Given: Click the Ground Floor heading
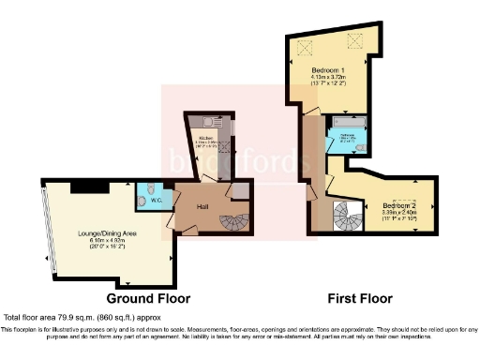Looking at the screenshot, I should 148,298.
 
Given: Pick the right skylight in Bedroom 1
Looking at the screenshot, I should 355,39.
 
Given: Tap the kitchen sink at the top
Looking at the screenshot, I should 205,119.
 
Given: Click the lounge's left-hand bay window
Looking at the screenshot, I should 47,232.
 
